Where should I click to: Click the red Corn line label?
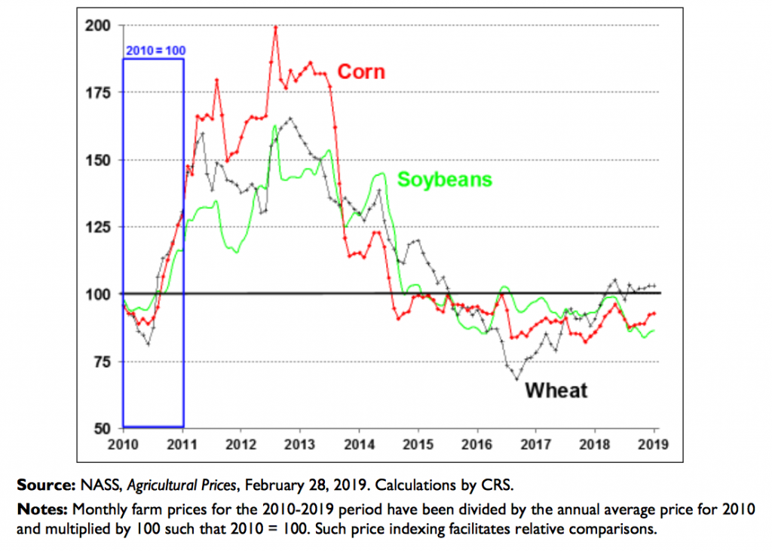coord(360,72)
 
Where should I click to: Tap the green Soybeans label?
coord(445,179)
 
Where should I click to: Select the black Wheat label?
coord(556,390)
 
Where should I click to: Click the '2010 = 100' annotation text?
coord(154,51)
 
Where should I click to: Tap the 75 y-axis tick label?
coord(105,361)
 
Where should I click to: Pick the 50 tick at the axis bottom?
coord(105,428)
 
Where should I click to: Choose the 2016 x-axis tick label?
coord(477,443)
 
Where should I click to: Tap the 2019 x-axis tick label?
coord(654,443)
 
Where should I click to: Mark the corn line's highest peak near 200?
coord(276,27)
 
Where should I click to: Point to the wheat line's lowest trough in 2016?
coord(517,378)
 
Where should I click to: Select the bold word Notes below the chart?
coord(40,508)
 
